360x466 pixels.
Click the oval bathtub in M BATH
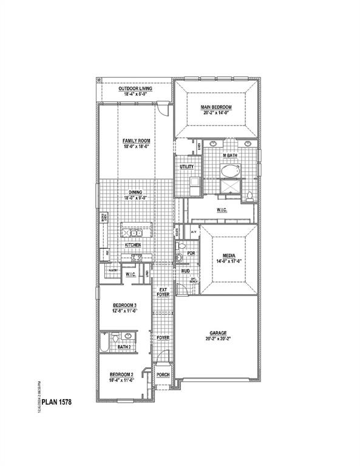(x=230, y=171)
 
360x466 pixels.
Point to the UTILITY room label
(x=186, y=166)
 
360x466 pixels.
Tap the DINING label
(x=135, y=192)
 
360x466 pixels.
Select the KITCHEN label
(x=134, y=245)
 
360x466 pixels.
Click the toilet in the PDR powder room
(x=179, y=258)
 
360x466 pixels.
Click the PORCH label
(x=163, y=375)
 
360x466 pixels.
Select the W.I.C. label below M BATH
(x=222, y=210)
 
